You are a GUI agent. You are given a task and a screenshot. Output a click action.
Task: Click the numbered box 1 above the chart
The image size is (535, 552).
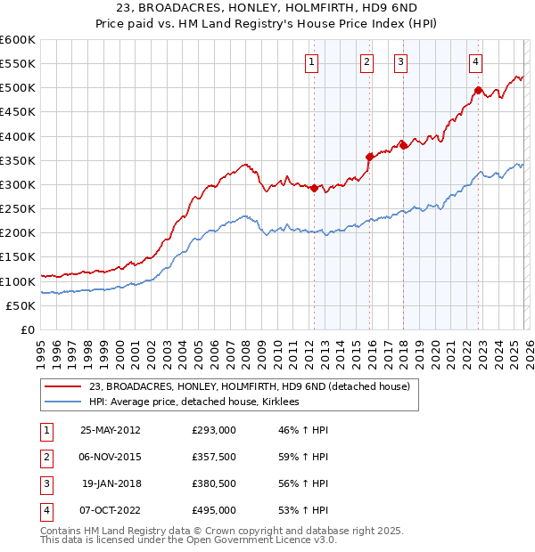312,61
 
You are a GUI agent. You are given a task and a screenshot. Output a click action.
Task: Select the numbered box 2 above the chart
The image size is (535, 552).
366,61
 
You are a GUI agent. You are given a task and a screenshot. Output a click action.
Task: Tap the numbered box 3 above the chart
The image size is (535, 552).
401,61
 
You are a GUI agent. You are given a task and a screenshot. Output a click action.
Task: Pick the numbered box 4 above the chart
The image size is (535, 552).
476,61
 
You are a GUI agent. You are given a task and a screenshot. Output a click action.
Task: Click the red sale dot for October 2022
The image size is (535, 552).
478,90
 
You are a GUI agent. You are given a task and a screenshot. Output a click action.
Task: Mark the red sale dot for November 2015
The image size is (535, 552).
369,157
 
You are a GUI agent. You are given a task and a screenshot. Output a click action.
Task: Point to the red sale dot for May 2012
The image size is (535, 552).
314,188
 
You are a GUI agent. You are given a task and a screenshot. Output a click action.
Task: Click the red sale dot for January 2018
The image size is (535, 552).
403,145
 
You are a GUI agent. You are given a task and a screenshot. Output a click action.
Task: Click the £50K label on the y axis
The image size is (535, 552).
20,305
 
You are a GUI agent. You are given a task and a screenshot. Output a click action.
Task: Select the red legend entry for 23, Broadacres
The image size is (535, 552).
249,386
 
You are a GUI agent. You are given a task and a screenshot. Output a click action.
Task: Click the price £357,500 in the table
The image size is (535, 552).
213,457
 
